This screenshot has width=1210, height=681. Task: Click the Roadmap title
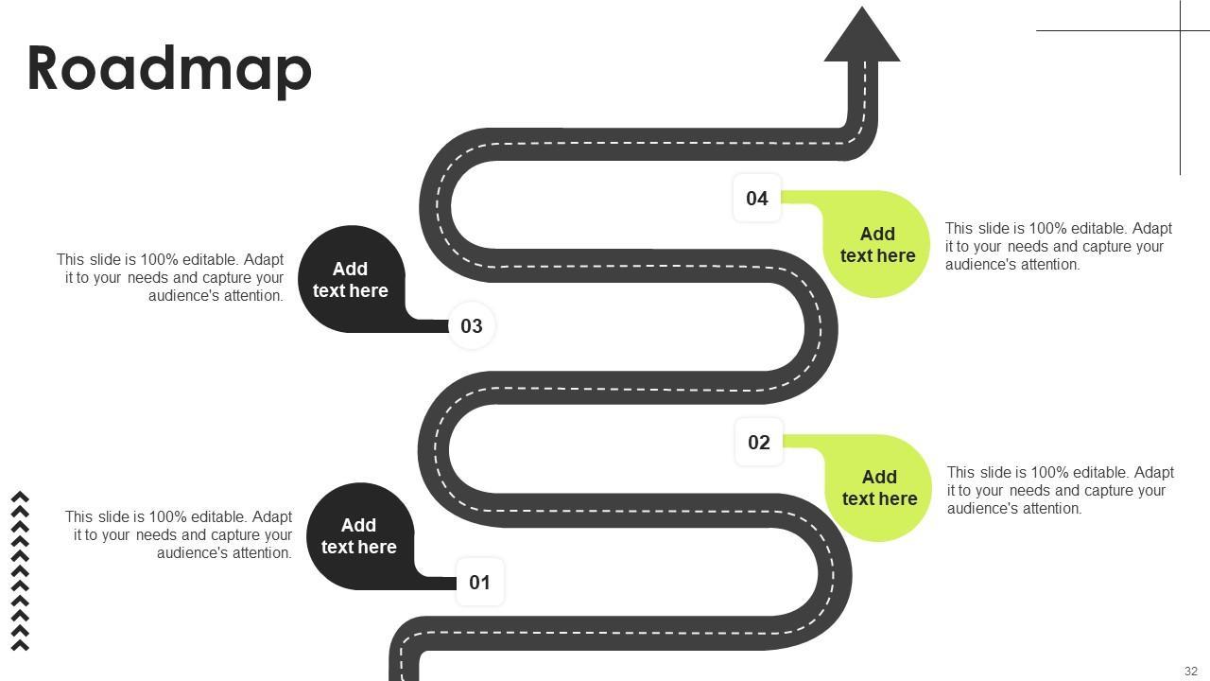[x=169, y=69]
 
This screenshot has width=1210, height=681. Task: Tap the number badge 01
[x=479, y=582]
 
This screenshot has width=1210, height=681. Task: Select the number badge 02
[x=758, y=442]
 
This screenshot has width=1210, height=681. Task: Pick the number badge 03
[x=471, y=325]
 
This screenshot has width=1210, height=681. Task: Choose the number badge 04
[x=756, y=198]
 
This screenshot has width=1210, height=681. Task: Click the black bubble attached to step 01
[x=359, y=536]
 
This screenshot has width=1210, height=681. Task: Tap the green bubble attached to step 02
[x=879, y=488]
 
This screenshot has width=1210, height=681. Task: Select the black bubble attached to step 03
[x=351, y=279]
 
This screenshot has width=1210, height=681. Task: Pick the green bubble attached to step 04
[x=877, y=244]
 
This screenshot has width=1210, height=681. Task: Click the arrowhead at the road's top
[x=861, y=38]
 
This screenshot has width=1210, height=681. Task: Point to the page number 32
[x=1190, y=671]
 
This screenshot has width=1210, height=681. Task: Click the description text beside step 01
[x=179, y=534]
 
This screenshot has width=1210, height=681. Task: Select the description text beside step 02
[x=1061, y=490]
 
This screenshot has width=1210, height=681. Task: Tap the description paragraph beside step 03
[x=170, y=277]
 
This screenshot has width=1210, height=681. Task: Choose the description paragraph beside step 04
[x=1059, y=246]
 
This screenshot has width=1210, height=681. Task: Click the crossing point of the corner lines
[x=1181, y=30]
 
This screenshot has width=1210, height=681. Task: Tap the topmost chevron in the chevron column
[x=20, y=497]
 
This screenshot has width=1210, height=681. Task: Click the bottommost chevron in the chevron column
[x=20, y=645]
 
